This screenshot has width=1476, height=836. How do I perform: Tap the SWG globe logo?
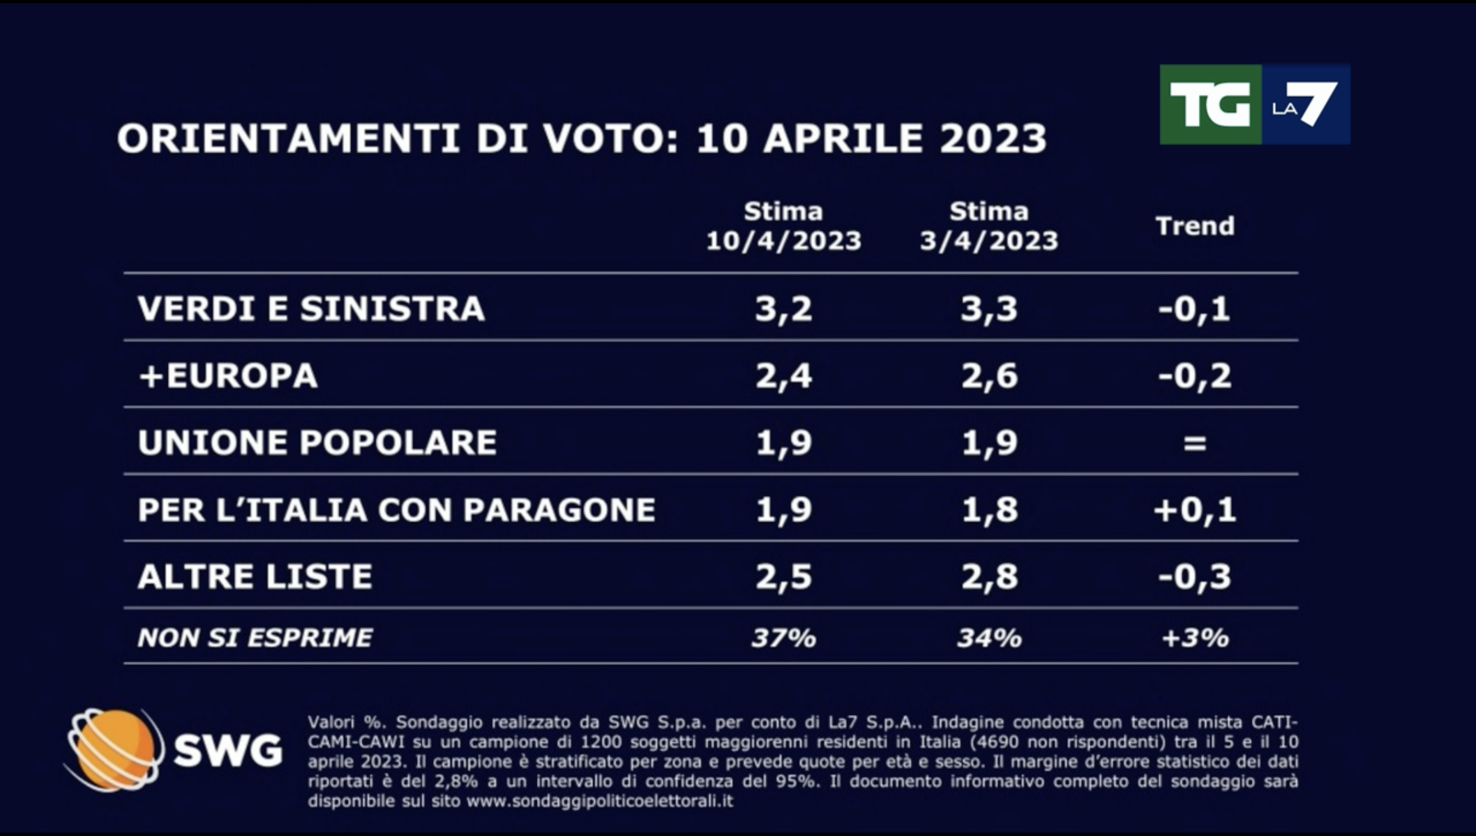tap(113, 749)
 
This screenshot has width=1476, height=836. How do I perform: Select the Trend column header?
tap(1195, 226)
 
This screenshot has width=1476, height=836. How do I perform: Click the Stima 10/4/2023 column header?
tap(784, 226)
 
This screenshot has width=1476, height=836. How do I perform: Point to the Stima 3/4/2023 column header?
tap(989, 226)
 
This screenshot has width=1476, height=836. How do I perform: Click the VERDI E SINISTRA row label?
tap(311, 309)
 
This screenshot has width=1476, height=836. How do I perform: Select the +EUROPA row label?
tap(228, 376)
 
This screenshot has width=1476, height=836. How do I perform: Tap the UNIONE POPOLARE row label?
tap(317, 443)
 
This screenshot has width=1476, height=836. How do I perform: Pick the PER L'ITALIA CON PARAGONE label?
tap(396, 510)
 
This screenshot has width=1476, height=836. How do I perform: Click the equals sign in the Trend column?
tap(1195, 443)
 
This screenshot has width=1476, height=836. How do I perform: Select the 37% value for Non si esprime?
tap(784, 638)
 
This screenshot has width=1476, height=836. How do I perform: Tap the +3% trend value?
tap(1195, 638)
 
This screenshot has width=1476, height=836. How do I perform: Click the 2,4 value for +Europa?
tap(784, 376)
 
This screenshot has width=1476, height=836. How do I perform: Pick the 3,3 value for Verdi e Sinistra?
tap(989, 309)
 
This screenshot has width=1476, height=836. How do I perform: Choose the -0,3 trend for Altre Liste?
tap(1195, 576)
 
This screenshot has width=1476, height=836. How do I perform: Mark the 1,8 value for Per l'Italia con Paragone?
tap(989, 510)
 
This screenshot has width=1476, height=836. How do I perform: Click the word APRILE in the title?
tap(842, 138)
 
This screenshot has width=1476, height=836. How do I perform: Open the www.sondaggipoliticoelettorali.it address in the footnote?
tap(600, 801)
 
